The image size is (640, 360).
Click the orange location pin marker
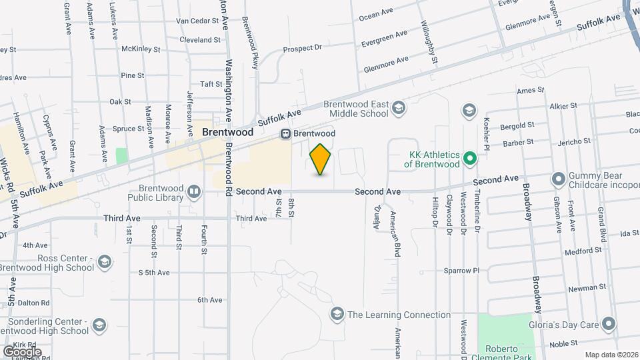coord(321,159)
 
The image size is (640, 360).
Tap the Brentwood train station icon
coord(285,133)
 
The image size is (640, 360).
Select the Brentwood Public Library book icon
coord(194,193)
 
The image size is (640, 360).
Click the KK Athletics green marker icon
coord(469,159)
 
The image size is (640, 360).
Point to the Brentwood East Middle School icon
coord(399,108)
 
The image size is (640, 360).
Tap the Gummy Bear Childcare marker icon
coord(557,179)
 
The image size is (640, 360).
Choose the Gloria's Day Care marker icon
coord(608,325)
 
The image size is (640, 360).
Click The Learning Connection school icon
coord(337,314)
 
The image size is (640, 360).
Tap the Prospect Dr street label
coord(302,48)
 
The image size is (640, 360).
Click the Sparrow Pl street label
coord(462,271)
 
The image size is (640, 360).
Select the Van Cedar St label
coord(197,21)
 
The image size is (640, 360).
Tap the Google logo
coord(22,351)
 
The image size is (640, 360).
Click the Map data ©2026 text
coord(610,355)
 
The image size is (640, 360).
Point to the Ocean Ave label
coord(373,15)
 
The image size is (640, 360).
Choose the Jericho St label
coord(575,141)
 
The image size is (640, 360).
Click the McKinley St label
coord(141,49)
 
